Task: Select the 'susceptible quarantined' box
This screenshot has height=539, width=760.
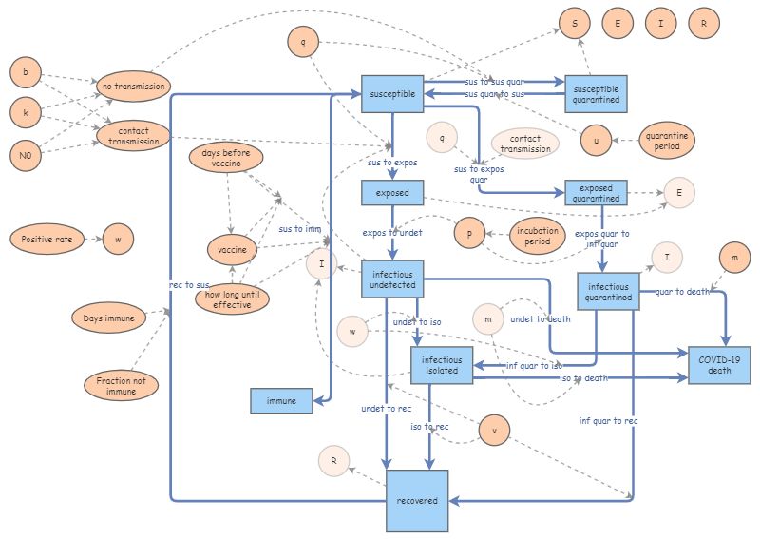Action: tap(597, 91)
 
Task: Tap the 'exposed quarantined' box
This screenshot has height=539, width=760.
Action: tap(596, 192)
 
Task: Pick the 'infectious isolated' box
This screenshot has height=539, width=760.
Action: tap(442, 366)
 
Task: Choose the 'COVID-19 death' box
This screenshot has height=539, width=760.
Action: tap(719, 364)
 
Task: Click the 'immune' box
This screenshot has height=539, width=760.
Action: tap(282, 401)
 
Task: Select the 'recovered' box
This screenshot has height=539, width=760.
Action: tap(417, 500)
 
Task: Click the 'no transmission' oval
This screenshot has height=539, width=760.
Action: tap(134, 87)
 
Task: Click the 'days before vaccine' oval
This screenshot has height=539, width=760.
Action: tap(228, 158)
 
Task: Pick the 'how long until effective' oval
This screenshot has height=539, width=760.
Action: tap(231, 298)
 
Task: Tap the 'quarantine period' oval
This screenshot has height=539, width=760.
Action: tap(667, 141)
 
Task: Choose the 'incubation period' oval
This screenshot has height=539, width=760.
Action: tap(538, 236)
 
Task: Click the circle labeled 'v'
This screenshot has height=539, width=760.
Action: tap(494, 430)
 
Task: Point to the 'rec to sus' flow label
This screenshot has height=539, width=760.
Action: tap(189, 284)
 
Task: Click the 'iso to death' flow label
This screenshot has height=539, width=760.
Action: tap(583, 377)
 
